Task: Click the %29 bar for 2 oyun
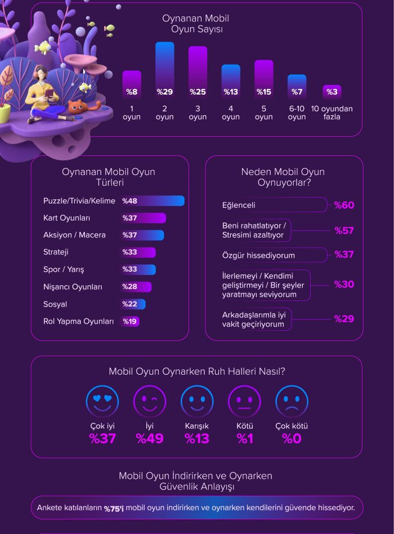point(165,70)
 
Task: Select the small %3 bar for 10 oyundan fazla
point(332,92)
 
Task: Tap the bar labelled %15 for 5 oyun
point(263,79)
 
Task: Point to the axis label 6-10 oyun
point(297,113)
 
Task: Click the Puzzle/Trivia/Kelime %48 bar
point(153,201)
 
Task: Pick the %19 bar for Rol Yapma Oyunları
point(130,321)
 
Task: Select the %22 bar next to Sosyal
point(133,304)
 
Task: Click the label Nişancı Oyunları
point(73,287)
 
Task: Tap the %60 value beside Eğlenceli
point(344,205)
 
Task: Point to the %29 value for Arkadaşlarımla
point(344,319)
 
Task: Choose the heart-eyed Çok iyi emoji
point(102,401)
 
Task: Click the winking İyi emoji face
point(149,401)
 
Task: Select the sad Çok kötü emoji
point(292,401)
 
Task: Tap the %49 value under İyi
point(150,439)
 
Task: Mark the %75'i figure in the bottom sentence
point(114,508)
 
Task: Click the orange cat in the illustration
point(77,106)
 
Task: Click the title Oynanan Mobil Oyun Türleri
point(109,177)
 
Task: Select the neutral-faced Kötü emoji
point(244,401)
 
